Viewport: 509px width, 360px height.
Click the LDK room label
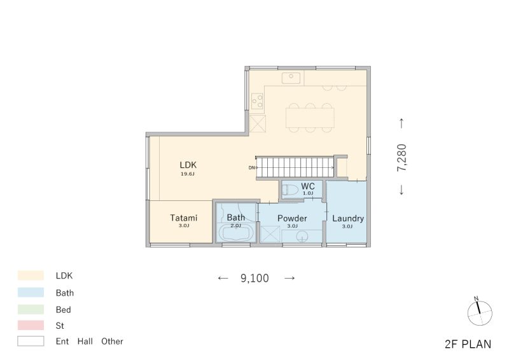coord(187,164)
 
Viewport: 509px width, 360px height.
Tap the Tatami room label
coord(183,218)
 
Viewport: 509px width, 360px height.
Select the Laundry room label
coord(348,218)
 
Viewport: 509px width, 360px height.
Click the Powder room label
coord(293,218)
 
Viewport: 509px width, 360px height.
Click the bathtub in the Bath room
coord(236,233)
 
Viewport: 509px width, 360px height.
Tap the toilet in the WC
coord(290,190)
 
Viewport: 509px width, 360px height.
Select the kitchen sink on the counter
coord(291,78)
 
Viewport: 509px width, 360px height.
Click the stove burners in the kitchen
coord(258,100)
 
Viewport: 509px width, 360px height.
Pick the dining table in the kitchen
coord(310,117)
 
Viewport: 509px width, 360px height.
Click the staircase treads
coord(296,168)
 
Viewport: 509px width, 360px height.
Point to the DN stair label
coord(252,168)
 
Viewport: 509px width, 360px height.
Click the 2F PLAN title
coord(468,344)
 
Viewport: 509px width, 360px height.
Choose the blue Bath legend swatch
coord(31,293)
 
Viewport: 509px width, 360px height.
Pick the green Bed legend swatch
coord(31,309)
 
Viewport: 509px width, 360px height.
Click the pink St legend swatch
coord(31,325)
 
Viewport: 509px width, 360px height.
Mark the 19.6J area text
coord(187,174)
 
